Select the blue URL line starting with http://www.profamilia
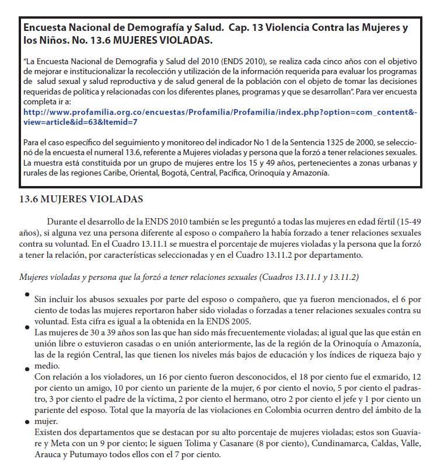point(219,111)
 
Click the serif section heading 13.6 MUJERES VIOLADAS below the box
point(81,199)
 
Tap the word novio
point(302,388)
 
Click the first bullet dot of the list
point(27,295)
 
